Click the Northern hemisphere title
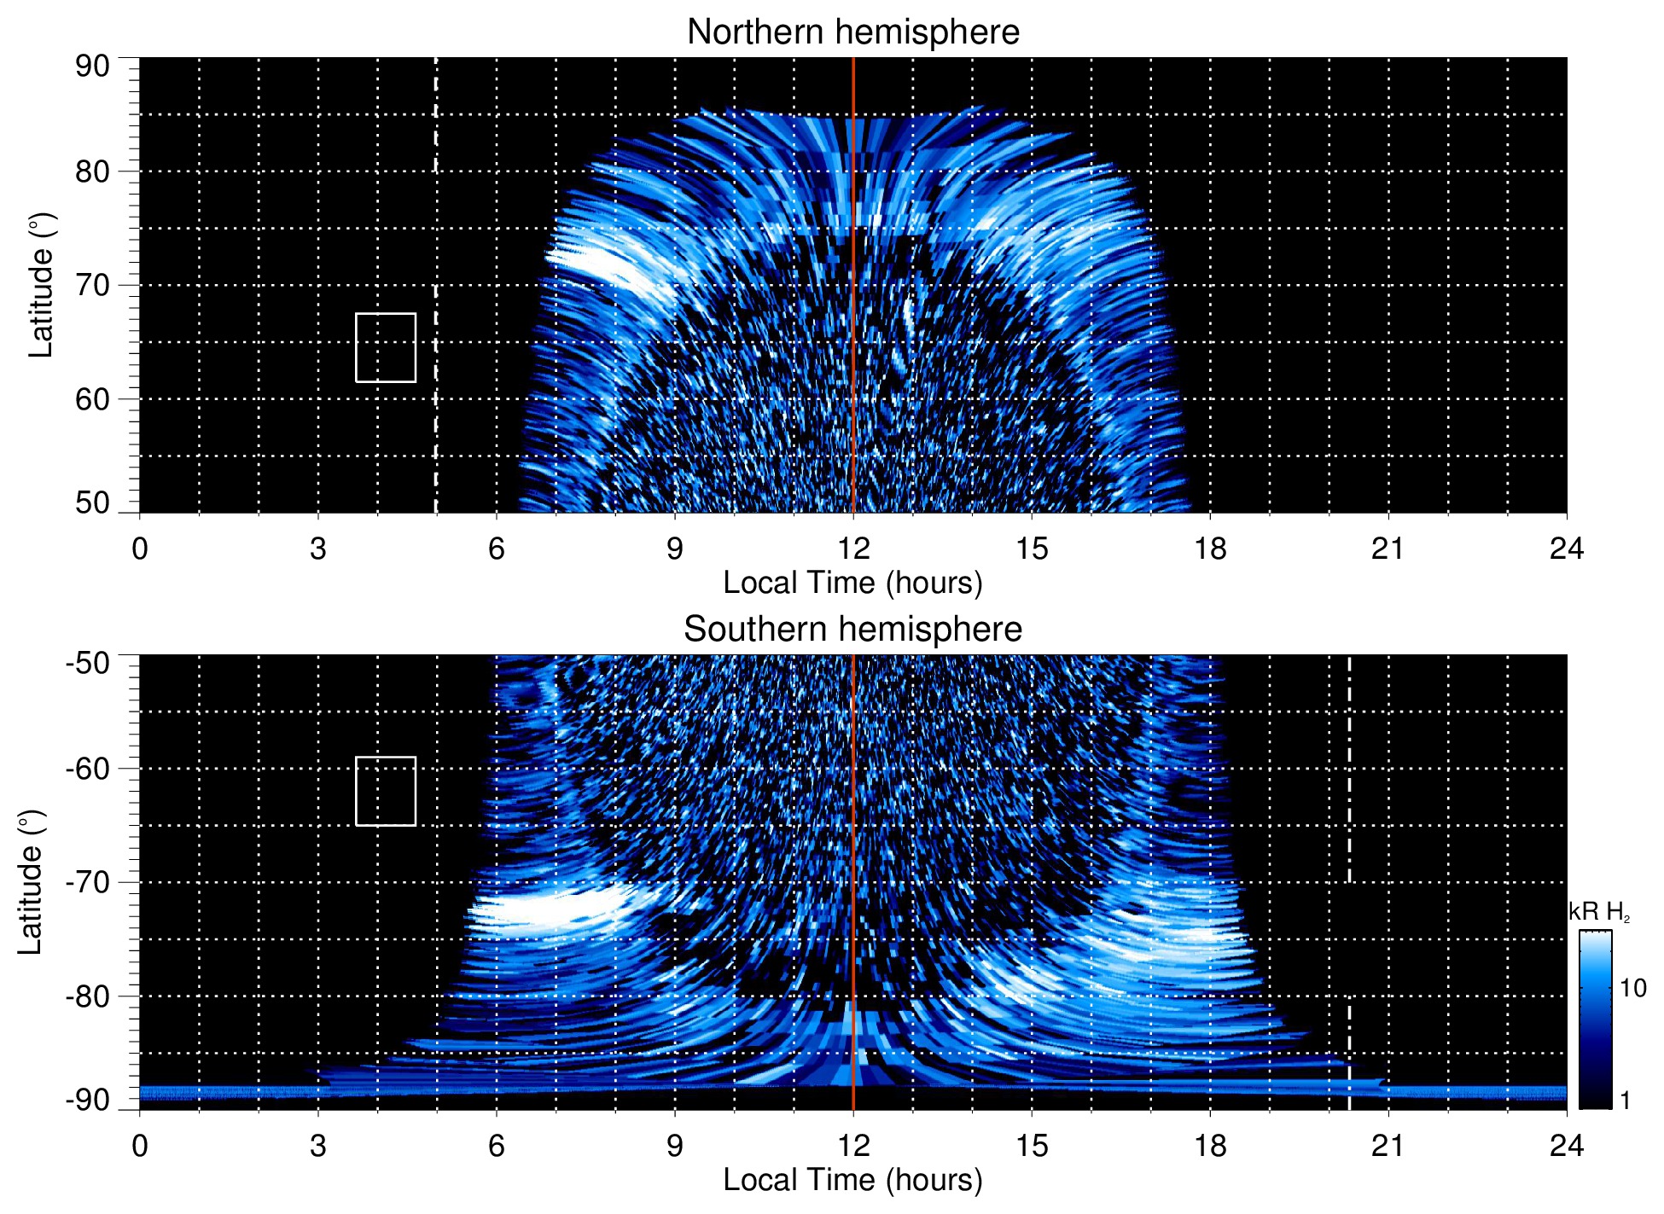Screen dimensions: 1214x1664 [x=852, y=32]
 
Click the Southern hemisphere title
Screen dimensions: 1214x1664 [x=852, y=630]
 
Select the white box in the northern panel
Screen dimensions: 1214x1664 [x=386, y=347]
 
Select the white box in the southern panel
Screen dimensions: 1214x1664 [x=386, y=791]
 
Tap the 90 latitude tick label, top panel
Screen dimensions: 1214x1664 [x=92, y=66]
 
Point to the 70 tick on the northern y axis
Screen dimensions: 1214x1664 [x=92, y=285]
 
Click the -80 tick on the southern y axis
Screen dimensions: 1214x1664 [x=88, y=996]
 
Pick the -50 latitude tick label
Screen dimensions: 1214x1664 [x=88, y=663]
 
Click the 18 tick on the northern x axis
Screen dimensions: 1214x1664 [x=1210, y=548]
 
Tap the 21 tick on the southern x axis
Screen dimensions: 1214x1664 [x=1388, y=1145]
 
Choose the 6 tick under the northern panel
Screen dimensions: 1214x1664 [x=497, y=548]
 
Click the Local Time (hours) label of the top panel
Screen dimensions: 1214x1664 [x=852, y=583]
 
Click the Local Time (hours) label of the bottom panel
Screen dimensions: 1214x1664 [x=852, y=1180]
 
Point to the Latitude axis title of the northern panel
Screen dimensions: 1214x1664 [x=41, y=285]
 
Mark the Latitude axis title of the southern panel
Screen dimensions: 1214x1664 [x=31, y=882]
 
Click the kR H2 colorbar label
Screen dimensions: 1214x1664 [x=1599, y=913]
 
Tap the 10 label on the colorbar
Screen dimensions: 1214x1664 [x=1632, y=988]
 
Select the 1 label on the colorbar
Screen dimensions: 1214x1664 [x=1625, y=1101]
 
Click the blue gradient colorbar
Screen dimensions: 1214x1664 [x=1595, y=1019]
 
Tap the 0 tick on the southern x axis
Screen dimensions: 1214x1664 [x=140, y=1145]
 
